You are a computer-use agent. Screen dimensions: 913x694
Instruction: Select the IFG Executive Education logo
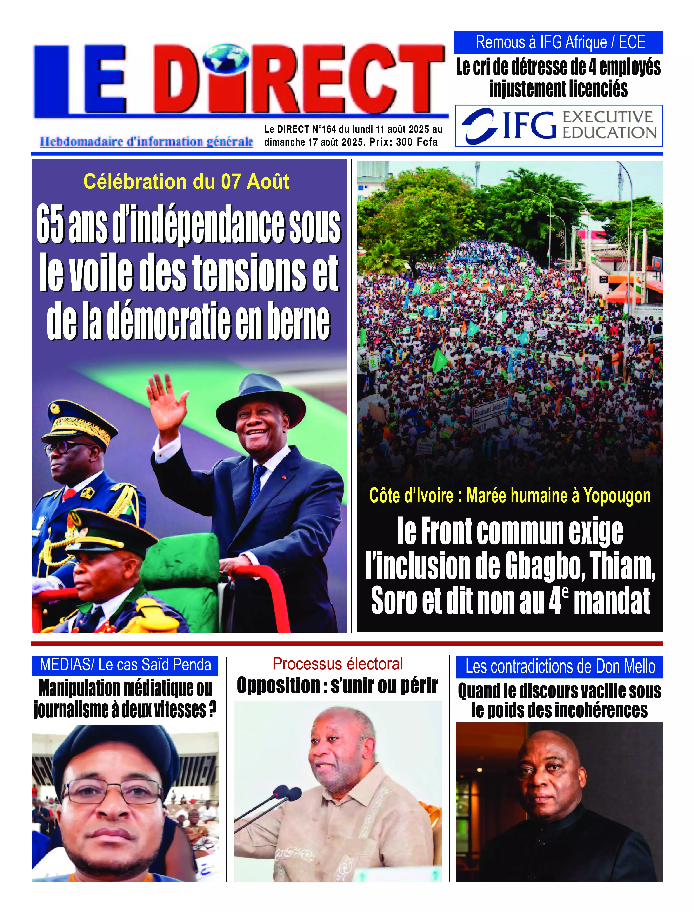click(x=559, y=126)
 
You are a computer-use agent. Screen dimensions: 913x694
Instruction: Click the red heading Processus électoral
click(x=338, y=664)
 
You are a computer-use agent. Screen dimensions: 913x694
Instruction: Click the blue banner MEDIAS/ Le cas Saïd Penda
click(x=125, y=664)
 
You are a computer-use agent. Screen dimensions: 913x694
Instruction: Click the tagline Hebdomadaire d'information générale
click(x=147, y=142)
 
